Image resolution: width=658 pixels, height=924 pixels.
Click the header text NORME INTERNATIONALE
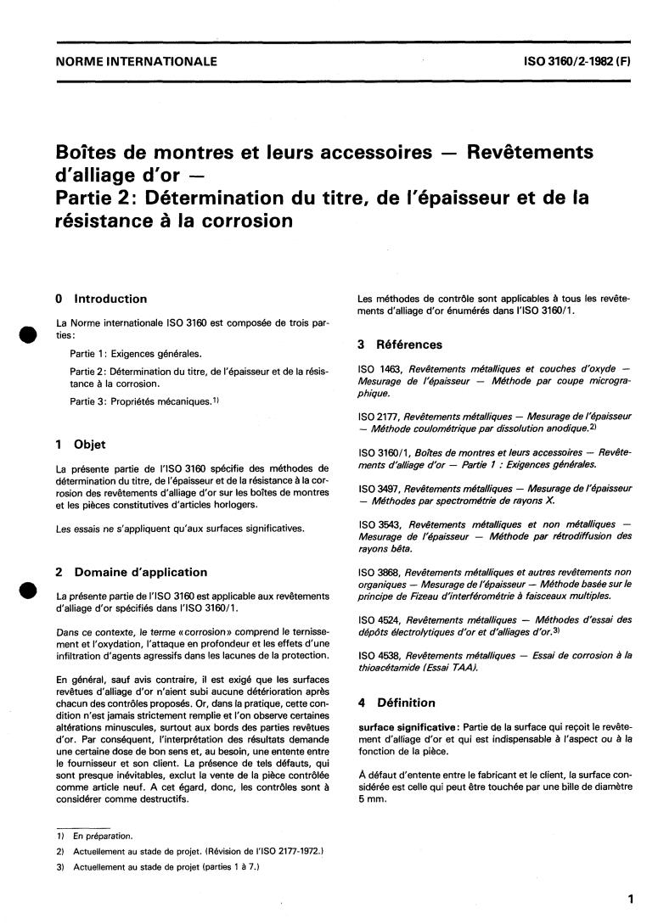136,61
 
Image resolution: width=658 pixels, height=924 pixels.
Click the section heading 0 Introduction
100,299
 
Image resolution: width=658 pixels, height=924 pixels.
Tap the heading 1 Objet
80,444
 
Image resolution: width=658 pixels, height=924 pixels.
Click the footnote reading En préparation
96,836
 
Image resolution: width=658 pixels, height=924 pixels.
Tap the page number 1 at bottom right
629,899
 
